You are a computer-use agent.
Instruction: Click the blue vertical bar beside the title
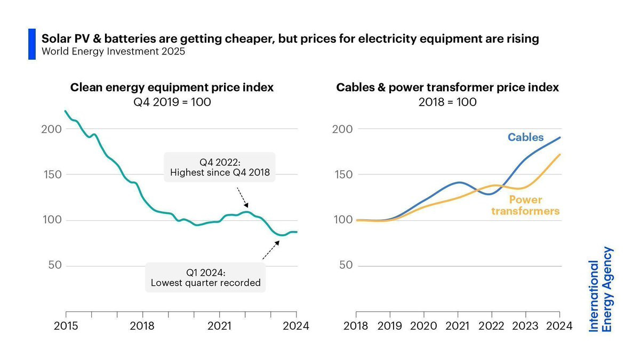pos(32,44)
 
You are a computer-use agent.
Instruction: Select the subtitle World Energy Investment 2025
pos(114,51)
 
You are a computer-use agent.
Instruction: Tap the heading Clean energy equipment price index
pos(172,87)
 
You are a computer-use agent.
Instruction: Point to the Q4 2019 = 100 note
pos(172,102)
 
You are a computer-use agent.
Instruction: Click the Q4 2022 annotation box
pos(220,167)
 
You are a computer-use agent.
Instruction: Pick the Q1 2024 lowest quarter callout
pos(205,277)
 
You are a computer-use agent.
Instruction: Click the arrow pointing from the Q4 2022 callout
pos(243,197)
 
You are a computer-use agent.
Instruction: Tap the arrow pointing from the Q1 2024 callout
pos(271,250)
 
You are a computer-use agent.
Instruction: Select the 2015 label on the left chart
pos(66,326)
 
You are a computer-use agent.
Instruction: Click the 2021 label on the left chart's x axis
pos(219,326)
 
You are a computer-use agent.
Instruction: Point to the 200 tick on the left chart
pos(51,129)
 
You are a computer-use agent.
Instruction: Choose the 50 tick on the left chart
pos(55,265)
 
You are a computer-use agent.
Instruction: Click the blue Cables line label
pos(525,138)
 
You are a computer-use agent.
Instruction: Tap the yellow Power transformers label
pos(525,205)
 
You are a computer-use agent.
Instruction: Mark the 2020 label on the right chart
pos(423,326)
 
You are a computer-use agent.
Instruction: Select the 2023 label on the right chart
pos(525,326)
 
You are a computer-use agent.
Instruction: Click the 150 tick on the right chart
pos(343,174)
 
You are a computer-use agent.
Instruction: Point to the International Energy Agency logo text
pos(600,289)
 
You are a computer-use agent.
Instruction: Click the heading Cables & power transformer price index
pos(447,87)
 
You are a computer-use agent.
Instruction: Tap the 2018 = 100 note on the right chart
pos(447,102)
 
